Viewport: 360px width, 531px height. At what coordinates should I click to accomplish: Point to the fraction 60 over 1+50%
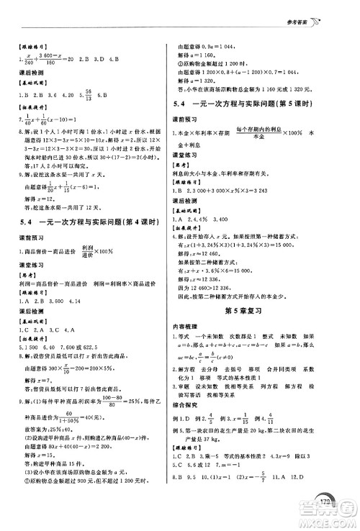[71, 418]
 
